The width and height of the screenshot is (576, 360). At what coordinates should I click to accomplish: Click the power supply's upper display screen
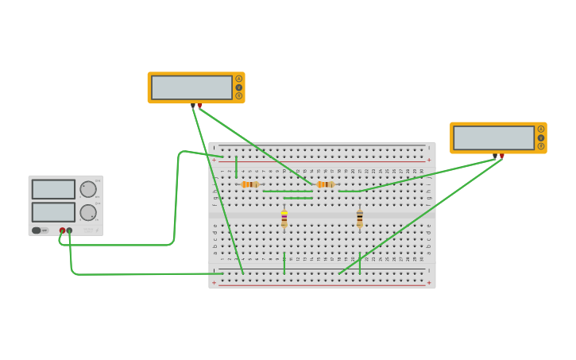point(53,189)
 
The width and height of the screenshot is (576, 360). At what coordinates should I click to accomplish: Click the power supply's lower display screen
point(53,212)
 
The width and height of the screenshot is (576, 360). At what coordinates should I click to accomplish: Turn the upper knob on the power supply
point(87,189)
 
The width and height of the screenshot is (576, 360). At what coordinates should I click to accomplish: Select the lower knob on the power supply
point(87,212)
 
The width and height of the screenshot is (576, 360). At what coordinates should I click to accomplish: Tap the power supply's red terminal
point(62,230)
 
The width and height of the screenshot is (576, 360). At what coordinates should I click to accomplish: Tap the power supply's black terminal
point(69,230)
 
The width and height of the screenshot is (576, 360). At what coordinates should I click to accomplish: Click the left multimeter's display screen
point(191,87)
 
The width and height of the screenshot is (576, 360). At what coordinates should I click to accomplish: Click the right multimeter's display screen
point(493,137)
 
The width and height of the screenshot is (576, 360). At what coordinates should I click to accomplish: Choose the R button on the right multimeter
point(541,146)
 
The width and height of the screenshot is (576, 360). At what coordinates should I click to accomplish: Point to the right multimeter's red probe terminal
point(502,156)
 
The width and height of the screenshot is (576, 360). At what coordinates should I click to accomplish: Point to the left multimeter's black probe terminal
point(192,105)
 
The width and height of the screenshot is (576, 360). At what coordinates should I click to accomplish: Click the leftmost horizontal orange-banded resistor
point(249,184)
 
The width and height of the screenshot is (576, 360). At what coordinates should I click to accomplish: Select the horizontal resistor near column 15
point(325,184)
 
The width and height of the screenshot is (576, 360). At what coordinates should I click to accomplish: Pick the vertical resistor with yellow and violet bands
point(284,218)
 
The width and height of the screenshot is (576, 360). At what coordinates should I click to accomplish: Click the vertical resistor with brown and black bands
point(359,218)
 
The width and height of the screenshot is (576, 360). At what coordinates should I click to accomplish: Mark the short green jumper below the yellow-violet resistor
point(284,263)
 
